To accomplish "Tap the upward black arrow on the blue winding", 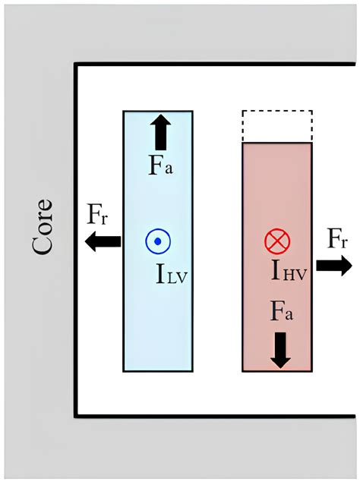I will (x=160, y=132).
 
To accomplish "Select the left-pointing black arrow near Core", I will (x=103, y=241).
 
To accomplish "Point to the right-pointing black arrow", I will (x=333, y=264).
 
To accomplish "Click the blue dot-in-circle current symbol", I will (x=158, y=241).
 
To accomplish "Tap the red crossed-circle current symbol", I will (x=277, y=242).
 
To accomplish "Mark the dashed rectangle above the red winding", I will (x=277, y=126).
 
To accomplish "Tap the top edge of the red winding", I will (x=277, y=143).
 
